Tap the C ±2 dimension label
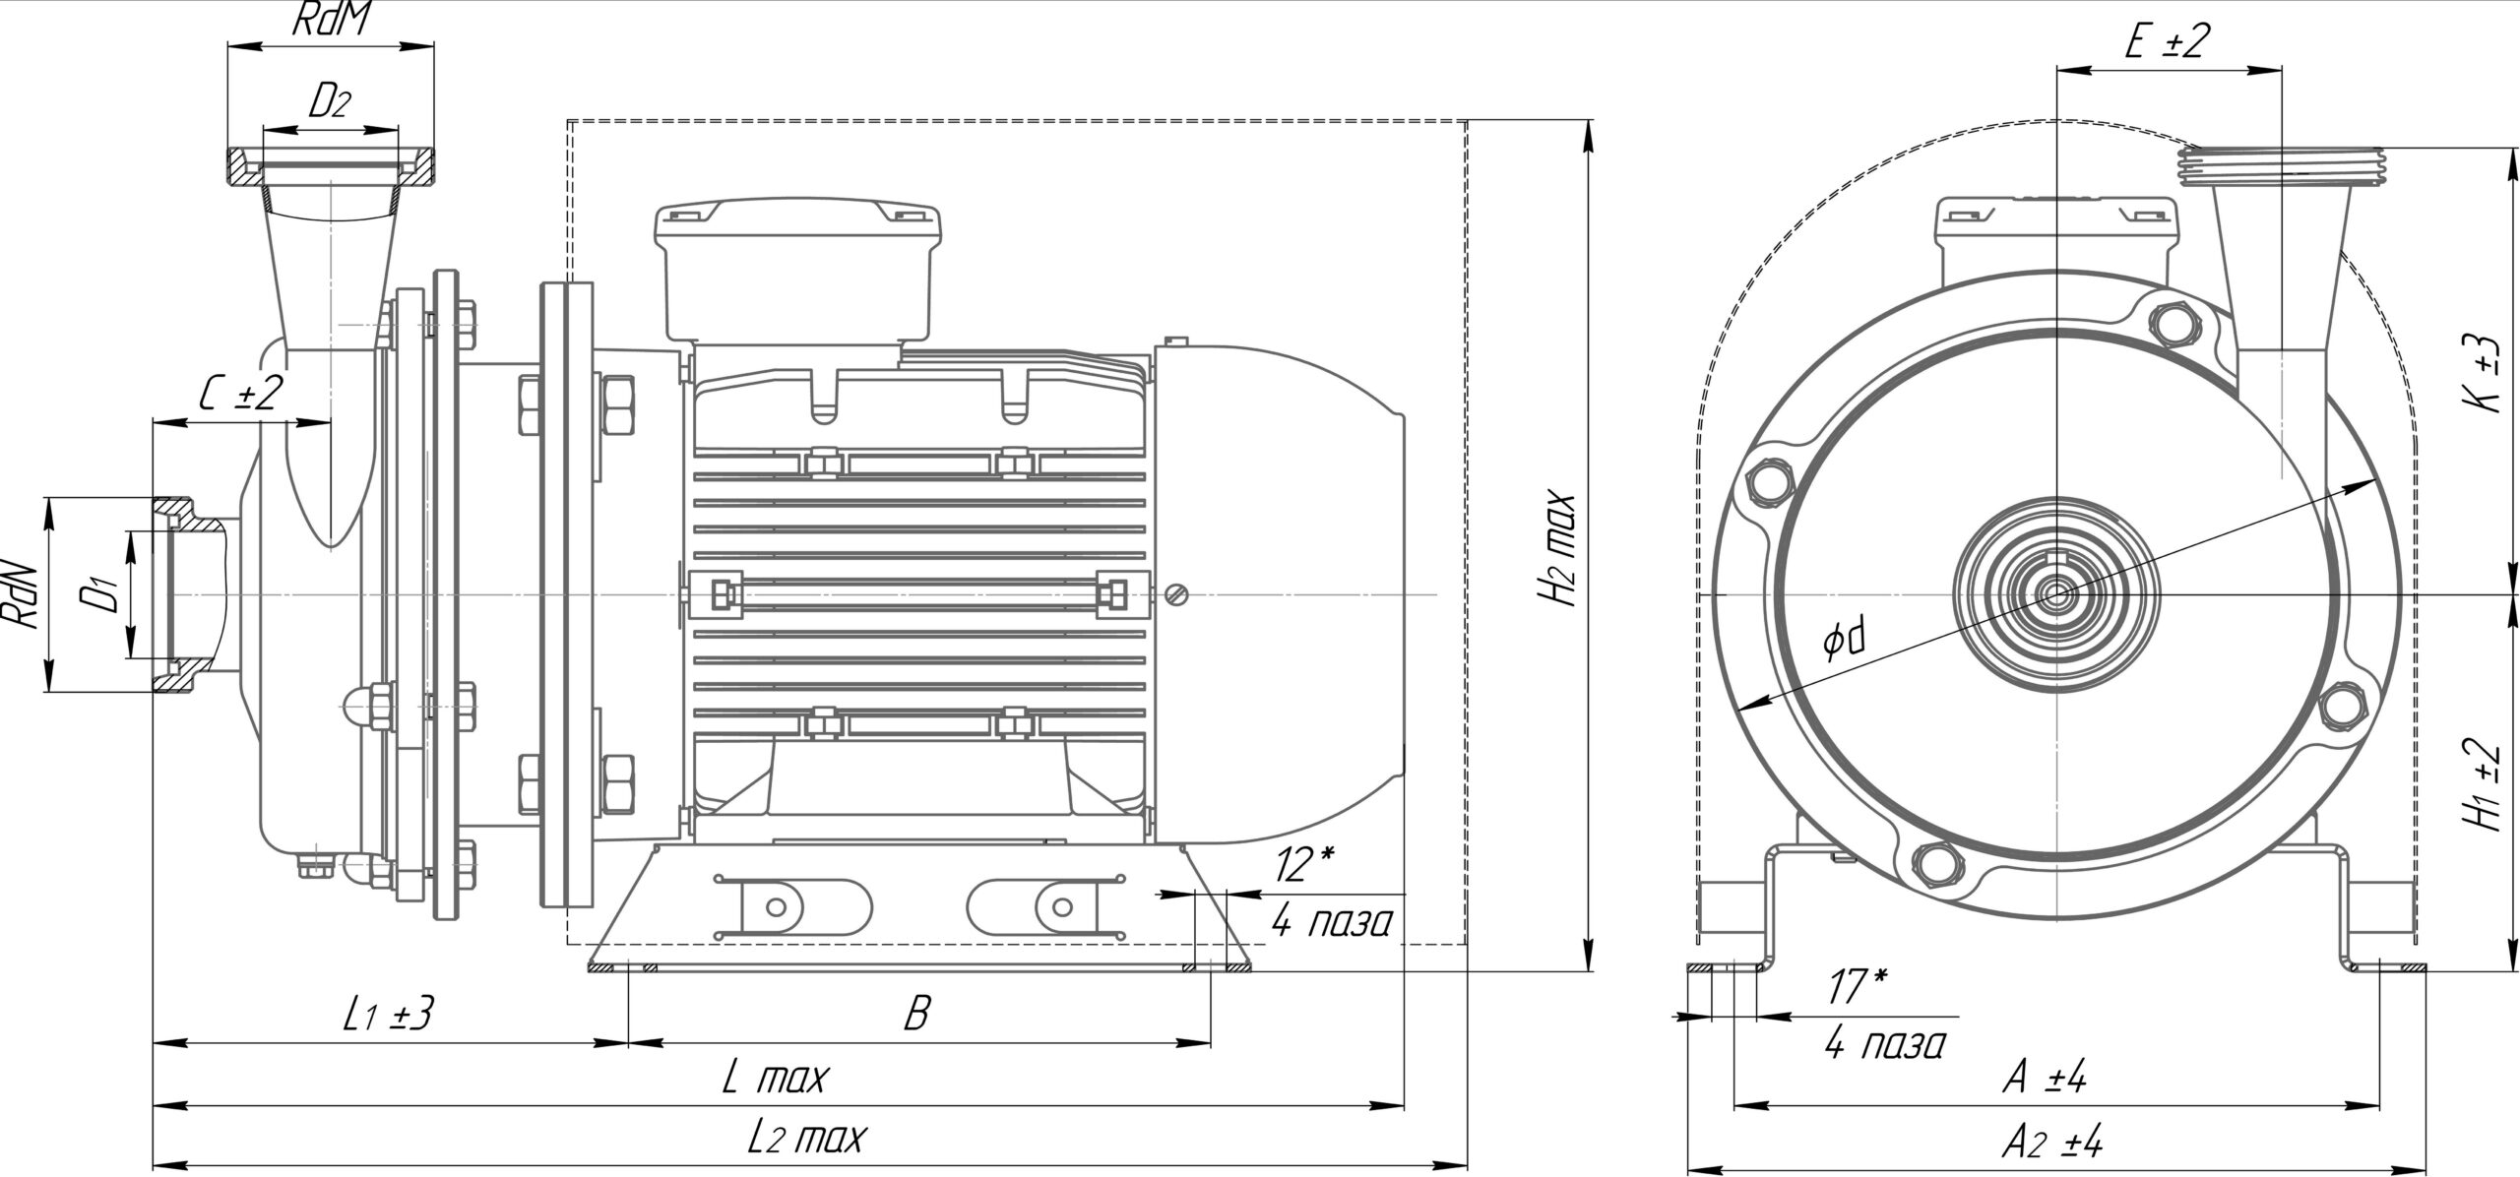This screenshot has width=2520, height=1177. pos(240,395)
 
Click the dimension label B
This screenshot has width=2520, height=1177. pos(916,1014)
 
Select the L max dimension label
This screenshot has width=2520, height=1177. pos(776,1079)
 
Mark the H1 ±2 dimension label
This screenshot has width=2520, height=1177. pos(2487,784)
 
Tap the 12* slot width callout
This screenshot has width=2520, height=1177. pos(1303,865)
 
